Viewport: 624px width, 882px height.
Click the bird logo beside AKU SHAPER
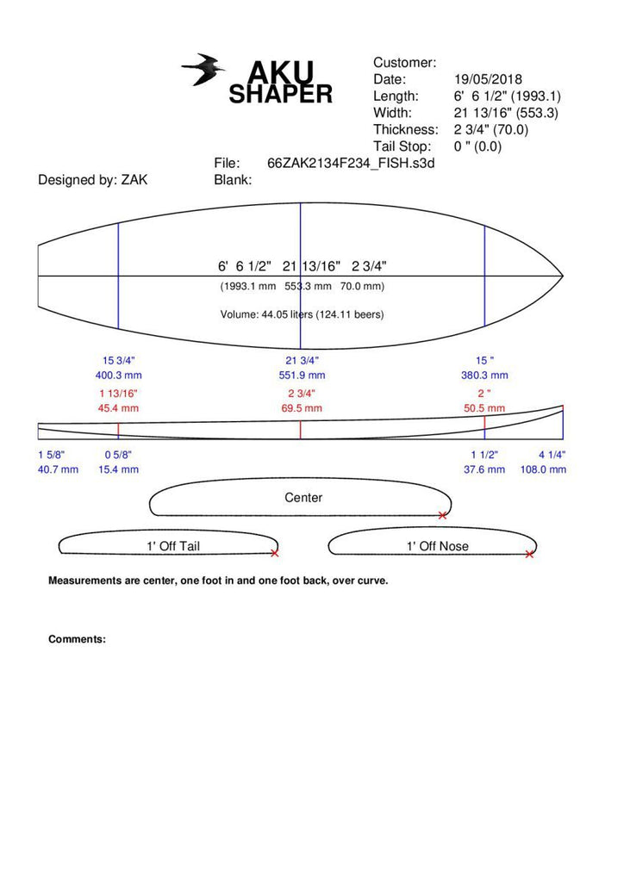[x=203, y=70]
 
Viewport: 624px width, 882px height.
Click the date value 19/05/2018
[x=488, y=79]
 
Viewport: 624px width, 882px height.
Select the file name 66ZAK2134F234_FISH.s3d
[x=351, y=164]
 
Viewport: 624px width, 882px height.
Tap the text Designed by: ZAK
[x=93, y=180]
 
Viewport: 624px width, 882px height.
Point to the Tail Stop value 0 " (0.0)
[x=477, y=146]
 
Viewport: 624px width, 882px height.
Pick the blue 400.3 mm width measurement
[x=118, y=376]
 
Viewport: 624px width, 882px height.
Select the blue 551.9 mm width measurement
[x=302, y=376]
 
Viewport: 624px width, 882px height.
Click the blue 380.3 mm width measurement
[x=484, y=376]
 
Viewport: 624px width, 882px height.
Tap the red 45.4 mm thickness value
[x=118, y=408]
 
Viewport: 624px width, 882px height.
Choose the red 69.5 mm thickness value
[x=302, y=408]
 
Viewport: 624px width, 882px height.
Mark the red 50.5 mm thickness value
[x=484, y=408]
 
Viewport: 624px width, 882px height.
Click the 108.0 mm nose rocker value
[x=543, y=469]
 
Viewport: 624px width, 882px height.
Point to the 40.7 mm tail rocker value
[x=58, y=469]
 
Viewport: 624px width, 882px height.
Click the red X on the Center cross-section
[x=443, y=515]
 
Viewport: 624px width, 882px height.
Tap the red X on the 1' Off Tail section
[x=275, y=554]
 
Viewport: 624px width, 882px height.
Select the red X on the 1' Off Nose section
[x=529, y=555]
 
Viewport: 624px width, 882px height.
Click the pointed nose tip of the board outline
[x=563, y=276]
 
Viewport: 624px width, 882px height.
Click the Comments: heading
[x=77, y=640]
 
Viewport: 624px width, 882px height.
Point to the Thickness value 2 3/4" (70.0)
[x=491, y=130]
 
